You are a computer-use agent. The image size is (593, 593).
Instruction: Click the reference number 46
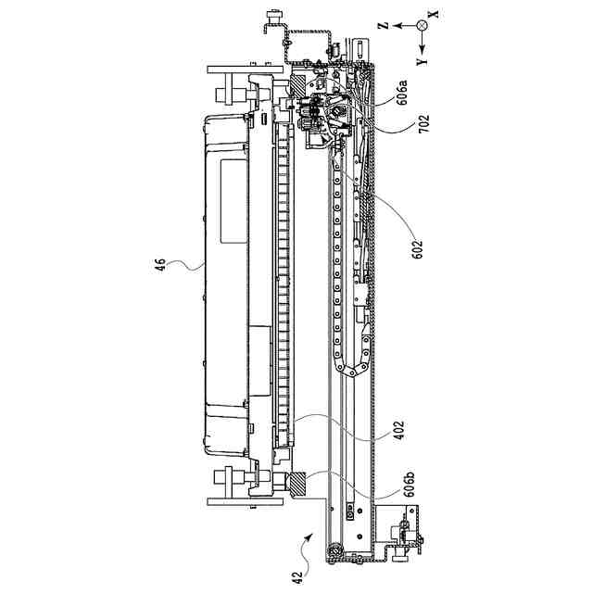tap(160, 264)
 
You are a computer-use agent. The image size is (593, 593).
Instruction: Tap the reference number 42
tap(297, 577)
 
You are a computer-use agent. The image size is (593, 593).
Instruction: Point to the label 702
tap(424, 123)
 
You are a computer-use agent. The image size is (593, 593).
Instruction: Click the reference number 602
tap(416, 249)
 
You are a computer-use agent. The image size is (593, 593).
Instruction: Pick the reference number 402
tap(398, 430)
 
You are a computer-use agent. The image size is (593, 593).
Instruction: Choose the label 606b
tap(410, 484)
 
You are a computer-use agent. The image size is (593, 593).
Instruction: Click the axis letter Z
tap(384, 26)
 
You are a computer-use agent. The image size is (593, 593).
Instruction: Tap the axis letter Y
tap(422, 62)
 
